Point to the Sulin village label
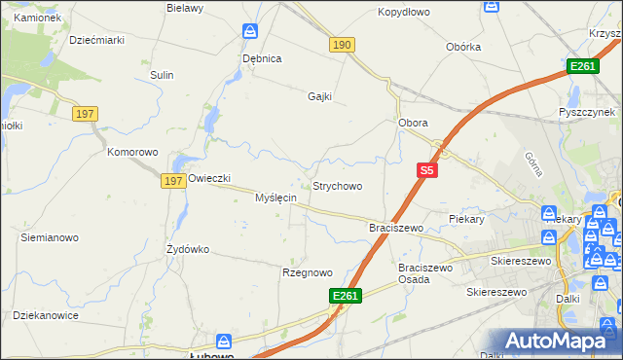(162, 75)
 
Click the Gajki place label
(320, 96)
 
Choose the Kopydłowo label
(403, 13)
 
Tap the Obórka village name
(464, 47)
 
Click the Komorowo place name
(132, 152)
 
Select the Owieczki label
(209, 178)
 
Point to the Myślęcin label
(275, 198)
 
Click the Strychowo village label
(337, 186)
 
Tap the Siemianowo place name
(50, 237)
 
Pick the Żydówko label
(188, 249)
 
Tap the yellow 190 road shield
(342, 46)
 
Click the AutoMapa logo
(558, 342)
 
